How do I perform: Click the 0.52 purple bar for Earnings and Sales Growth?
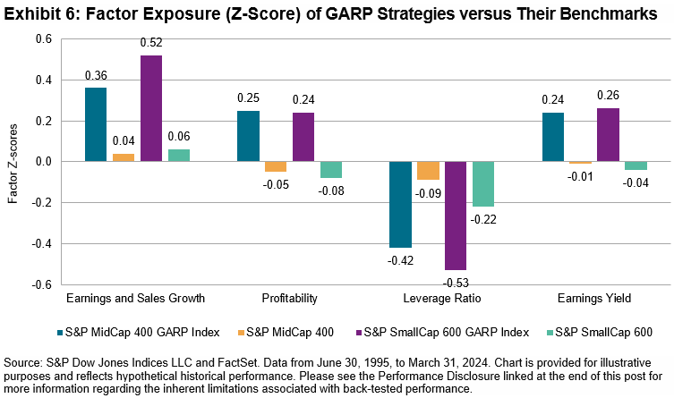(152, 108)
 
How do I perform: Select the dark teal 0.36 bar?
(96, 124)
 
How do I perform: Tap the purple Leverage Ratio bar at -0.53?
(456, 216)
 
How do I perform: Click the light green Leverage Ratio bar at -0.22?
(483, 184)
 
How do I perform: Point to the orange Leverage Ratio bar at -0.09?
(428, 171)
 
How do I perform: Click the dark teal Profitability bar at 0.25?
(248, 136)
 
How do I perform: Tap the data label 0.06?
(179, 138)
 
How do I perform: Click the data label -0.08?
(332, 191)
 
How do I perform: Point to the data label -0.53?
(456, 283)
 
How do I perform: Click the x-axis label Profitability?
(288, 297)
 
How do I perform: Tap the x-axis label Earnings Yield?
(593, 297)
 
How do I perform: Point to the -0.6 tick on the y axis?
(41, 284)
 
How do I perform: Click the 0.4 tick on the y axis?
(43, 80)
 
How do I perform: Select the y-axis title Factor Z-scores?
(13, 162)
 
